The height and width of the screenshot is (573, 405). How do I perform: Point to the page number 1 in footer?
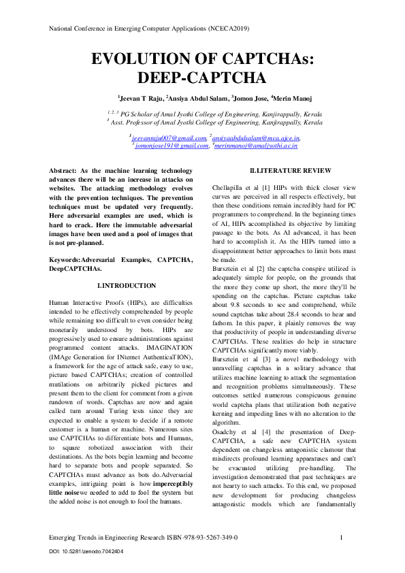(x=340, y=538)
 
